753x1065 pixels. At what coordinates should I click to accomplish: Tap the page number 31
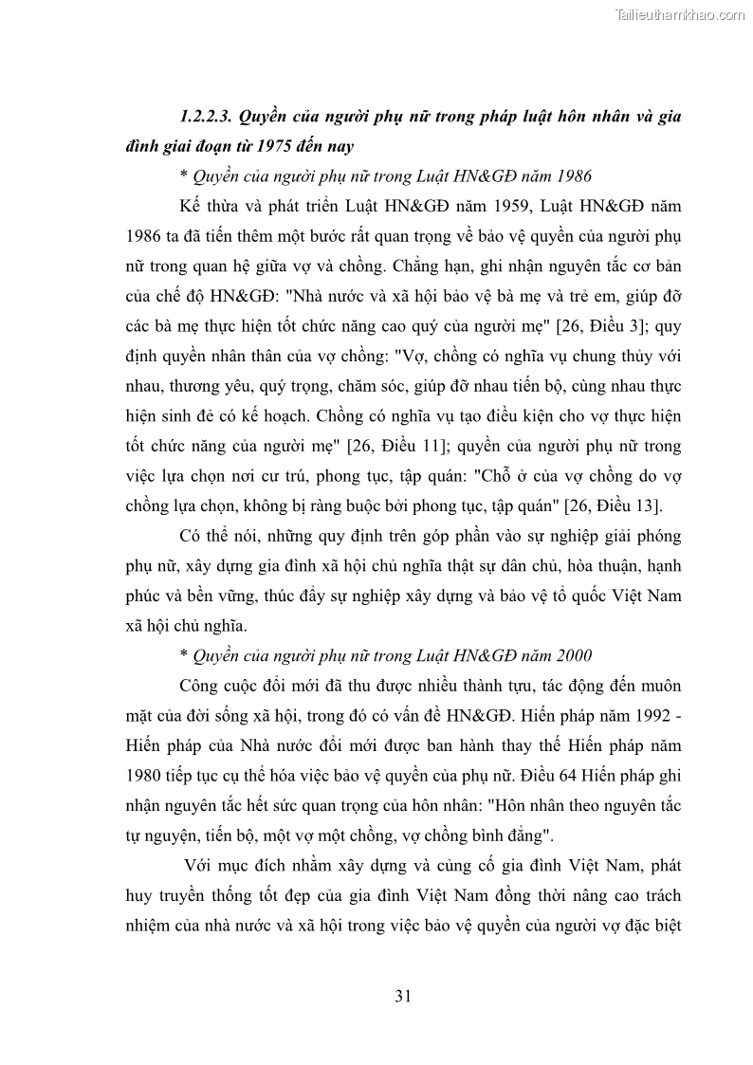click(x=401, y=995)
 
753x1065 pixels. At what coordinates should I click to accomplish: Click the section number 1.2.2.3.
click(x=205, y=118)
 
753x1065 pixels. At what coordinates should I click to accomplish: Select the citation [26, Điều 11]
click(x=397, y=445)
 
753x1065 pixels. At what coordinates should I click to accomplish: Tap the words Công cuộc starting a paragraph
click(x=220, y=685)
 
